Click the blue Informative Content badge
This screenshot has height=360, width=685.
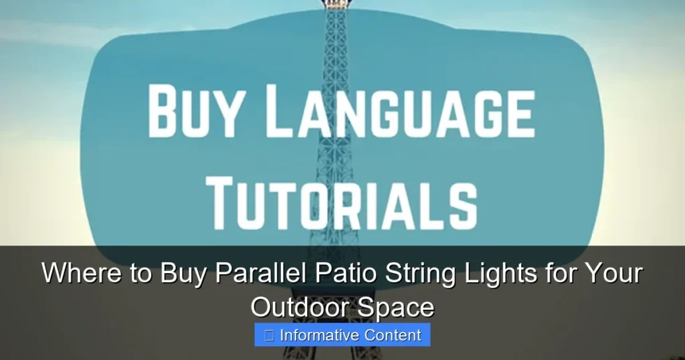[342, 335]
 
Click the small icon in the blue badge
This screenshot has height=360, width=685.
[269, 335]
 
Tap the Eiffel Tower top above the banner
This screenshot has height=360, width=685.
[336, 5]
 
